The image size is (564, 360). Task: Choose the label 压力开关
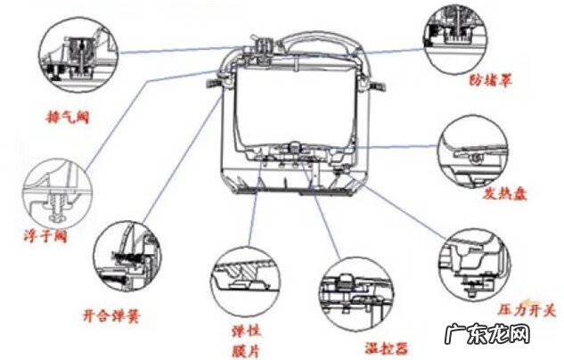coord(525,310)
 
